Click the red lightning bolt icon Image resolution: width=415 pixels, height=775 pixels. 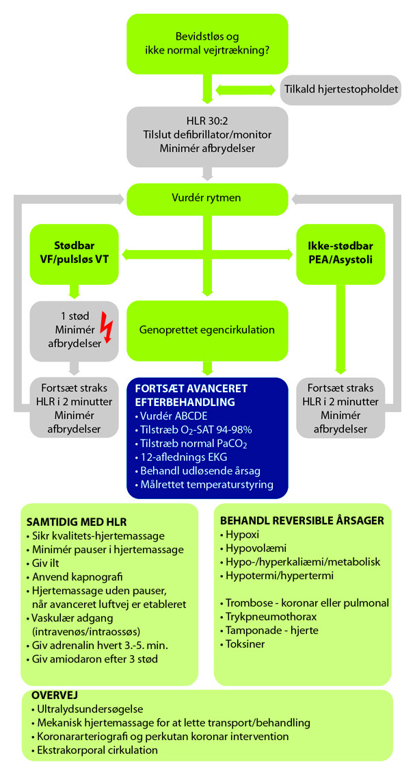[x=107, y=328]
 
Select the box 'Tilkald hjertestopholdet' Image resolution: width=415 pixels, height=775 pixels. [x=340, y=90]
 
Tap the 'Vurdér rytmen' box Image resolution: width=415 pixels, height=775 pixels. [x=207, y=199]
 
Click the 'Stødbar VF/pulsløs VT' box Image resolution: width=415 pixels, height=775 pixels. [x=74, y=253]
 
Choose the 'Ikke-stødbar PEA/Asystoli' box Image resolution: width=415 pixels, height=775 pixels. [x=340, y=253]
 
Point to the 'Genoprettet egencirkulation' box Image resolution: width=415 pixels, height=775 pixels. [x=207, y=330]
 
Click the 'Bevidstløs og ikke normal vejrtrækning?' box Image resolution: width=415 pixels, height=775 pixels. [x=207, y=44]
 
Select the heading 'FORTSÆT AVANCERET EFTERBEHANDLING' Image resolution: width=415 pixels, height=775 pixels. [x=191, y=395]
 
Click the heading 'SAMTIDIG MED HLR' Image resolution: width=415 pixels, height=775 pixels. [x=77, y=522]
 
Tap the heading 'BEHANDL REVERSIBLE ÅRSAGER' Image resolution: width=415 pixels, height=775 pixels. [x=302, y=520]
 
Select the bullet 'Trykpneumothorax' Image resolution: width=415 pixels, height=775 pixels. [x=269, y=617]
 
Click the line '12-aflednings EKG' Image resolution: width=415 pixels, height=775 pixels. [x=181, y=457]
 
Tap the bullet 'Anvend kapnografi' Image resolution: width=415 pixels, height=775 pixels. [x=75, y=577]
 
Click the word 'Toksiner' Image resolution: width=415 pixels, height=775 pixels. [x=245, y=644]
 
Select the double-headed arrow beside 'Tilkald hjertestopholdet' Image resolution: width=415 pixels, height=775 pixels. [x=245, y=90]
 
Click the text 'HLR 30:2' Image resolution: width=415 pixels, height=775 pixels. [x=207, y=120]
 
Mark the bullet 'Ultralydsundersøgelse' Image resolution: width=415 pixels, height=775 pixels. [x=88, y=709]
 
